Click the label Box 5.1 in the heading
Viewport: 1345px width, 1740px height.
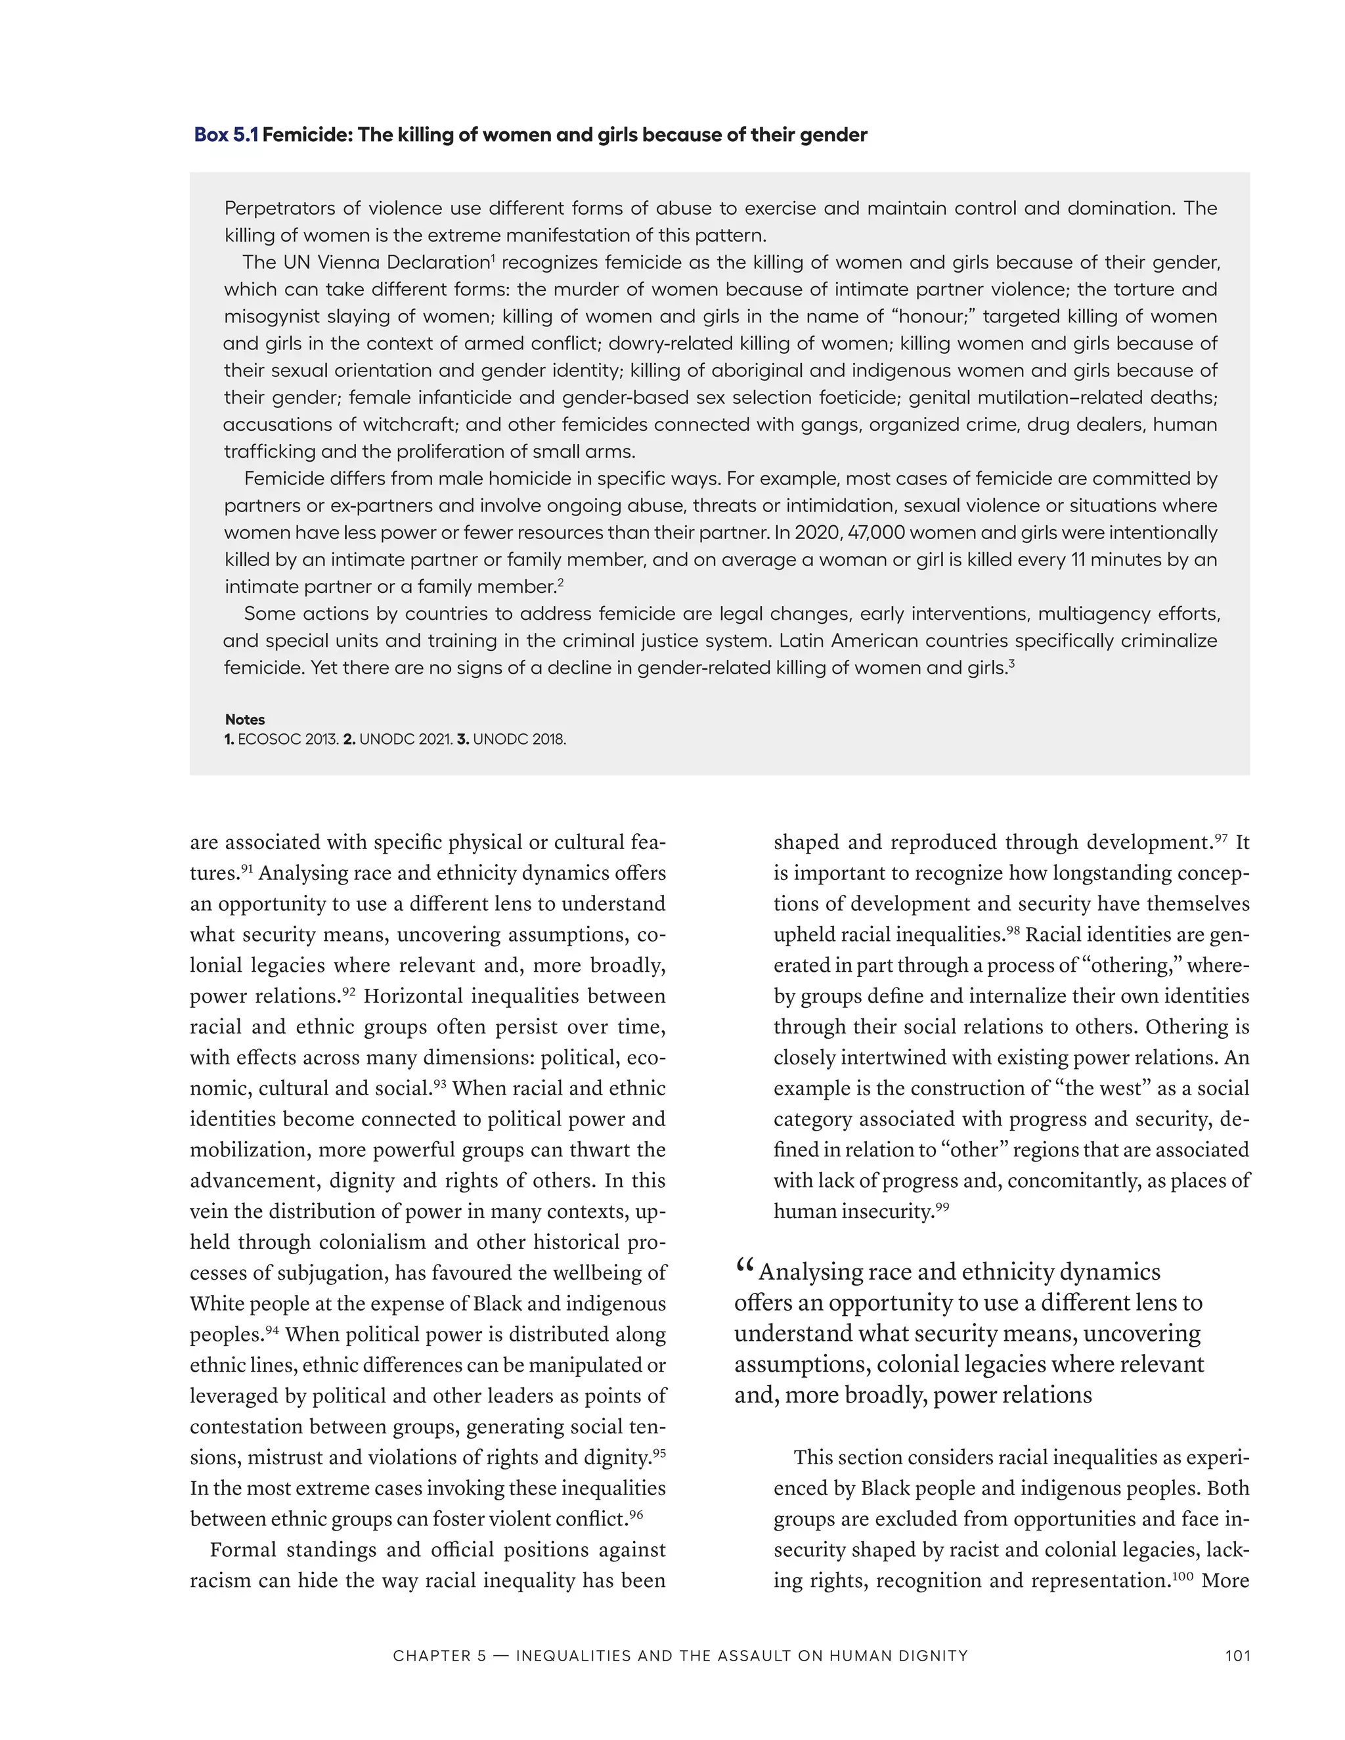coord(227,135)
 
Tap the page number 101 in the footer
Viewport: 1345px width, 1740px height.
coord(1237,1655)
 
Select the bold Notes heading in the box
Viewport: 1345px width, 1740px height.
coord(244,720)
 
